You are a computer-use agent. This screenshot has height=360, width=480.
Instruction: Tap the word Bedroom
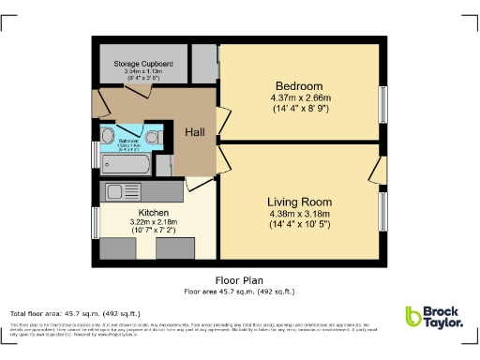coord(300,83)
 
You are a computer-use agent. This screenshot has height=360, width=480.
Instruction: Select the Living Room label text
coord(299,202)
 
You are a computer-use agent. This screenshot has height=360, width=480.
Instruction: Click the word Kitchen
coord(139,213)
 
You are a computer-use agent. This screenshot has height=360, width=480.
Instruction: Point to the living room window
coord(382,210)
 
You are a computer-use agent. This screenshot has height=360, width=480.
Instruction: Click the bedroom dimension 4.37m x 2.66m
coord(300,97)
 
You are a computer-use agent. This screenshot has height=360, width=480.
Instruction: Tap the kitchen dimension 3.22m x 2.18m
coord(139,223)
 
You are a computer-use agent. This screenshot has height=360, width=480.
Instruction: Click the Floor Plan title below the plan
coord(239,280)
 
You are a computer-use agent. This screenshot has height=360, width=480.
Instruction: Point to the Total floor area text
coord(75,313)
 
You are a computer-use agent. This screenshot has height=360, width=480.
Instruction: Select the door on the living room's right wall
coord(377,171)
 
